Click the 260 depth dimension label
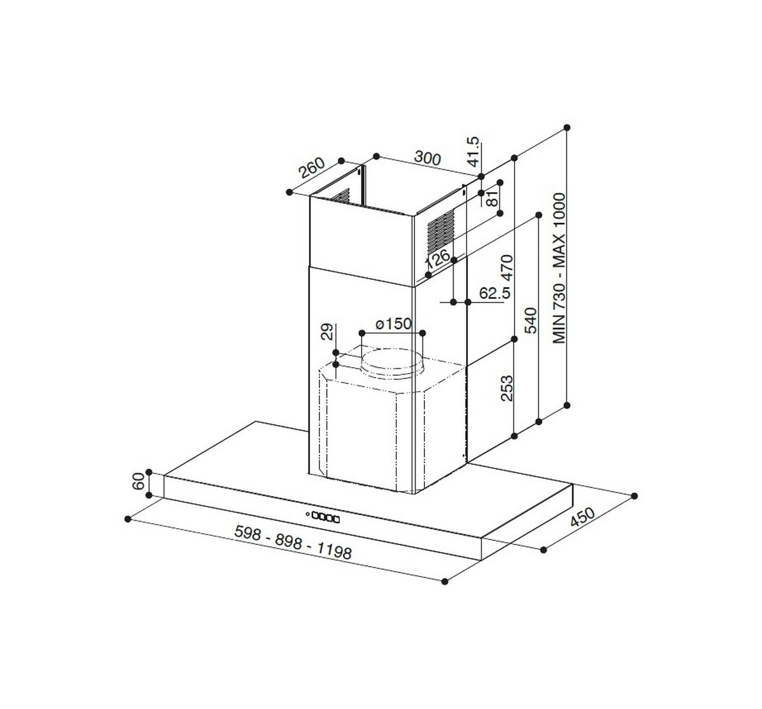pyautogui.click(x=311, y=168)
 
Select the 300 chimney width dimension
pyautogui.click(x=427, y=158)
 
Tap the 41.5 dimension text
pyautogui.click(x=474, y=150)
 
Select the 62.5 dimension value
pyautogui.click(x=494, y=292)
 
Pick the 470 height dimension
pyautogui.click(x=507, y=266)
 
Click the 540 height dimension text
pyautogui.click(x=530, y=320)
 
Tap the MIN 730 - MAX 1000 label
pyautogui.click(x=559, y=268)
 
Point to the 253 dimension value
pyautogui.click(x=507, y=388)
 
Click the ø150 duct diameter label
pyautogui.click(x=393, y=324)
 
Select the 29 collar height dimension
pyautogui.click(x=327, y=331)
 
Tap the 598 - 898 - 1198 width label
pyautogui.click(x=292, y=542)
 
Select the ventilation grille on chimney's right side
pyautogui.click(x=441, y=228)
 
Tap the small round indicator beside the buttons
pyautogui.click(x=307, y=515)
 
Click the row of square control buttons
pyautogui.click(x=326, y=517)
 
